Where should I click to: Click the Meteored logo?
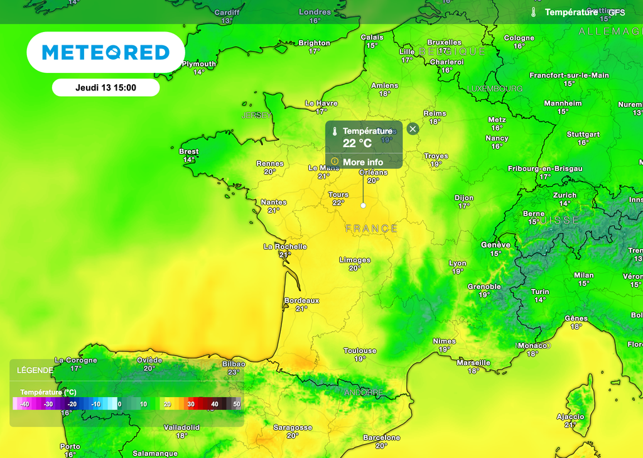point(105,53)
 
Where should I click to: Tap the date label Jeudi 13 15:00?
point(105,88)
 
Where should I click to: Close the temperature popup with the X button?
point(413,129)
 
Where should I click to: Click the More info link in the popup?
point(362,162)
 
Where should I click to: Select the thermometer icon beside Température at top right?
point(533,13)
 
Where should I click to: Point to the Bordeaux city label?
point(302,300)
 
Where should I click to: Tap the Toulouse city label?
point(360,351)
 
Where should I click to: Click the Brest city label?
point(189,151)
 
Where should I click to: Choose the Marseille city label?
point(473,363)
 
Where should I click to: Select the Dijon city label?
point(464,198)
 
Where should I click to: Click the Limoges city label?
point(355,259)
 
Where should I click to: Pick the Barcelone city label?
point(381,437)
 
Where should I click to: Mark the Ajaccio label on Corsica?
point(570,417)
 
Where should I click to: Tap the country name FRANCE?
point(371,229)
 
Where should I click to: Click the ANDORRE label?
point(363,393)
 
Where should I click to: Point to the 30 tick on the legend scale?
point(191,404)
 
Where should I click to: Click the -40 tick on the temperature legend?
point(25,404)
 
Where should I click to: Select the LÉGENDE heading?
point(35,370)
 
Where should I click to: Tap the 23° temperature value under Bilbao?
point(234,372)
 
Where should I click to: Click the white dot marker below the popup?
point(363,205)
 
